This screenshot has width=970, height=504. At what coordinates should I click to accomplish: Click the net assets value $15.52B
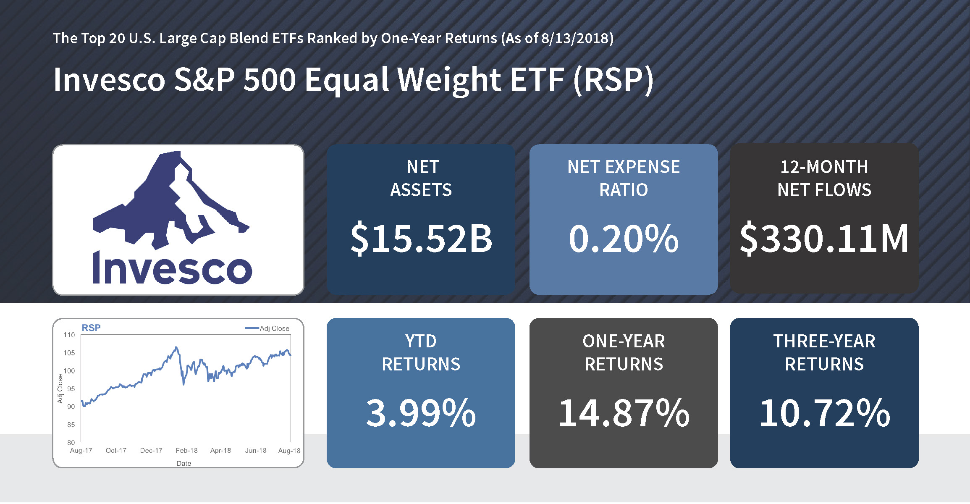coord(421,239)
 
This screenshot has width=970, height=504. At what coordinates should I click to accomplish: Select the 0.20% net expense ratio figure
coord(624,239)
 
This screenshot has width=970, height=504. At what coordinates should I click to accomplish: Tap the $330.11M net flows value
coord(824,239)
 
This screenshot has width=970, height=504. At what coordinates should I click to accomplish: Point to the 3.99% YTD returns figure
coord(421,413)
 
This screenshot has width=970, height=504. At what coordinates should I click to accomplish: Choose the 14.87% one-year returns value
coord(624,413)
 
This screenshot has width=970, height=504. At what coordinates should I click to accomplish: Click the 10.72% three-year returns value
coord(824,413)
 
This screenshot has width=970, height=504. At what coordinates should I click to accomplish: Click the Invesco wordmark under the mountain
coord(172,268)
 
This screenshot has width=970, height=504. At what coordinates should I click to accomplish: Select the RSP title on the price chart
coord(91,328)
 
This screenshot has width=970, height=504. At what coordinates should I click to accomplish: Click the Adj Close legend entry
coord(267,328)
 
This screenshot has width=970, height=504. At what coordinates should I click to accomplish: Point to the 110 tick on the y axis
coord(69,335)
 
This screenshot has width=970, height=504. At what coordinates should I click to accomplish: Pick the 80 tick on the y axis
coord(71,442)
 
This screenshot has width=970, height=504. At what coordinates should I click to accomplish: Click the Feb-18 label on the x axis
coord(186,450)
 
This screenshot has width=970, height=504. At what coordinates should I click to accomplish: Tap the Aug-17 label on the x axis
coord(81,450)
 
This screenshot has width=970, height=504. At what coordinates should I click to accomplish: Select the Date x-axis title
coord(184,463)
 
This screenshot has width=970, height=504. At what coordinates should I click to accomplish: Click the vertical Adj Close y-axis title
coord(60,389)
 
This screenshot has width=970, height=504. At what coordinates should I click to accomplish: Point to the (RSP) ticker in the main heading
coord(613,79)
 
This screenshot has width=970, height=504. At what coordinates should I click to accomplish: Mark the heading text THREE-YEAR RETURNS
coord(824,352)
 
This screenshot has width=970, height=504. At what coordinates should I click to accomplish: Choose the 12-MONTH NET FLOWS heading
coord(824,178)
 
